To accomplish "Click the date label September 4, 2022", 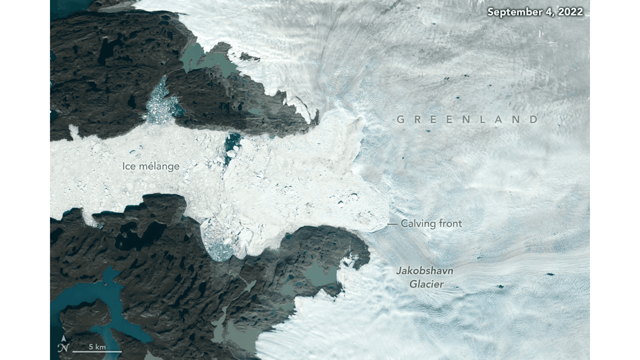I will tap(535, 12).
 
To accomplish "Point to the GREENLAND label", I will tap(467, 119).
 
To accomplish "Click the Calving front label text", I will tap(431, 224).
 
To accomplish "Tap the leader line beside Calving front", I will tap(392, 224).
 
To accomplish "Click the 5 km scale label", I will tap(96, 346).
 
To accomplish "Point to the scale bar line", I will tap(96, 352).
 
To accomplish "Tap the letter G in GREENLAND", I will tap(400, 119).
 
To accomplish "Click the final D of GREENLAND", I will tap(534, 119).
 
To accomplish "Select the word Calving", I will tap(417, 224).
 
